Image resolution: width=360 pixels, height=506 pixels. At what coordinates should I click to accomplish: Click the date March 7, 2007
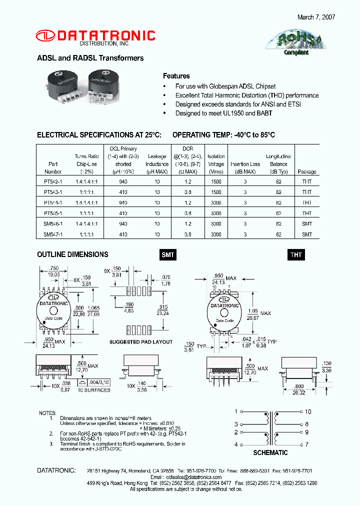316,17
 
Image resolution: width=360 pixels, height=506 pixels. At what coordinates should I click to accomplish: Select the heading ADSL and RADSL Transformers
90,58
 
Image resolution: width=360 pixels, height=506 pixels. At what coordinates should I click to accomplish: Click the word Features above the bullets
176,76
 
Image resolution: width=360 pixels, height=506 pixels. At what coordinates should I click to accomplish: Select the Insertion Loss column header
245,164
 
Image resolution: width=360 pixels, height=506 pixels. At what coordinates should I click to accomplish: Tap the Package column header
307,171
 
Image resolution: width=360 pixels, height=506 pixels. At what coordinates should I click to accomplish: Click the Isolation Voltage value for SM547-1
216,234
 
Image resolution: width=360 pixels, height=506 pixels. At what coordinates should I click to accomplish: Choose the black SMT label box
168,255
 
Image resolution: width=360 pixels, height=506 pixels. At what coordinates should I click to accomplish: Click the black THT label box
296,255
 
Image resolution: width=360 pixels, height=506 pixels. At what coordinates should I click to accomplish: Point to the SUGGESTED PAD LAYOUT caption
141,342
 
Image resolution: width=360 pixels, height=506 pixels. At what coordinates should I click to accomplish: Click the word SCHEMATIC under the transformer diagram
270,452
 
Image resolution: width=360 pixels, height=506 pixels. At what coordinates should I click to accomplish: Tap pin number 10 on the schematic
308,411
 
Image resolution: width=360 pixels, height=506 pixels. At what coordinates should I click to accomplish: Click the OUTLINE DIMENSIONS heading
72,254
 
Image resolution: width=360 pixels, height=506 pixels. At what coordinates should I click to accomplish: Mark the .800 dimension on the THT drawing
299,386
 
